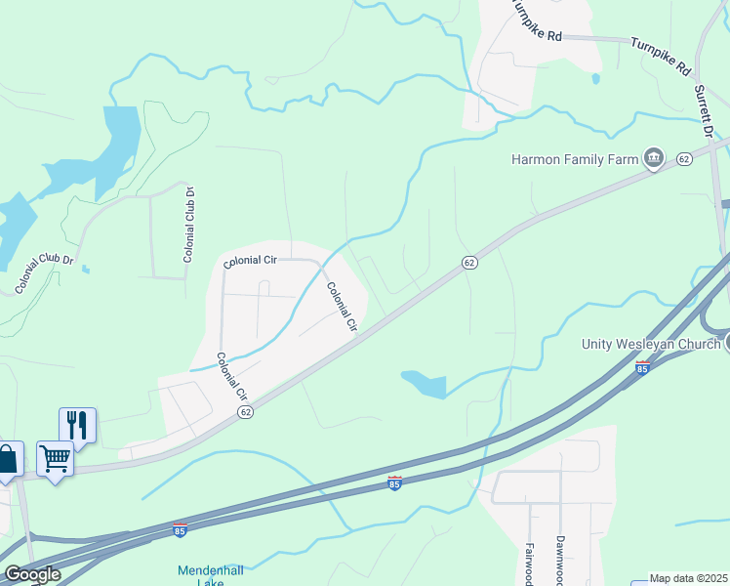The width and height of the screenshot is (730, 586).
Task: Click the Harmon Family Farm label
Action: click(x=574, y=158)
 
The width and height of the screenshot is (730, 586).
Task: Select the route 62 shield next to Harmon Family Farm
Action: click(x=684, y=158)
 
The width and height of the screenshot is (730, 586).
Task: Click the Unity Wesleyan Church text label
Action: click(x=651, y=344)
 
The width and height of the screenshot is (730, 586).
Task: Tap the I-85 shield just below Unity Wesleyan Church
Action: click(x=641, y=368)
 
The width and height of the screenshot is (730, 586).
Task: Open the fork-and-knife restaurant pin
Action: click(x=77, y=425)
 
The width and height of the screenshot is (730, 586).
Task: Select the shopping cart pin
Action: click(x=55, y=458)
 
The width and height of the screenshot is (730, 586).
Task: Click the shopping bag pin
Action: click(x=8, y=460)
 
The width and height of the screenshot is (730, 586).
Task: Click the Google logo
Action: click(x=31, y=574)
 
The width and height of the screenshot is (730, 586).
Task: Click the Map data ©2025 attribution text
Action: click(x=688, y=578)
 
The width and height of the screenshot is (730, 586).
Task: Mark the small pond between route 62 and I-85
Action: click(x=425, y=384)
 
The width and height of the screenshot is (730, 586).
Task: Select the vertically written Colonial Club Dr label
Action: click(x=189, y=225)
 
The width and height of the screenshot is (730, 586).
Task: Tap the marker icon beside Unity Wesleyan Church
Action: click(x=726, y=343)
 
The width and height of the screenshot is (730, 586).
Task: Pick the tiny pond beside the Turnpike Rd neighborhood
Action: click(x=595, y=78)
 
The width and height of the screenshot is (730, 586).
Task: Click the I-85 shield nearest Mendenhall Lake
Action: click(x=180, y=528)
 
